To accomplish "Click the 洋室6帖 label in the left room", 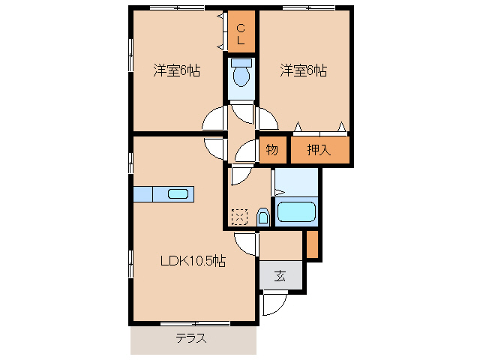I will point(177,71).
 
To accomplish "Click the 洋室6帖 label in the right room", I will point(304,71).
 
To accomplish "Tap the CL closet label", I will point(241,34).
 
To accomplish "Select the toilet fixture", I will point(241,74).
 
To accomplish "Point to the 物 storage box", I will point(272,150).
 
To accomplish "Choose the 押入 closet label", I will point(319,150).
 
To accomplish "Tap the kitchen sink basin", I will point(178,194).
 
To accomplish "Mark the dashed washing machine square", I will point(239,217).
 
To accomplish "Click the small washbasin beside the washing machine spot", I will point(262,217).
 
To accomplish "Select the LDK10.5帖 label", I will point(193,261).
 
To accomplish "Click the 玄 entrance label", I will point(280,275).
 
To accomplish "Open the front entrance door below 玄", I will point(274,304).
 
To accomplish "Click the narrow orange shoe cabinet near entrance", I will point(312,244).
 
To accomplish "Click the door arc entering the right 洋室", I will point(266,118).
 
